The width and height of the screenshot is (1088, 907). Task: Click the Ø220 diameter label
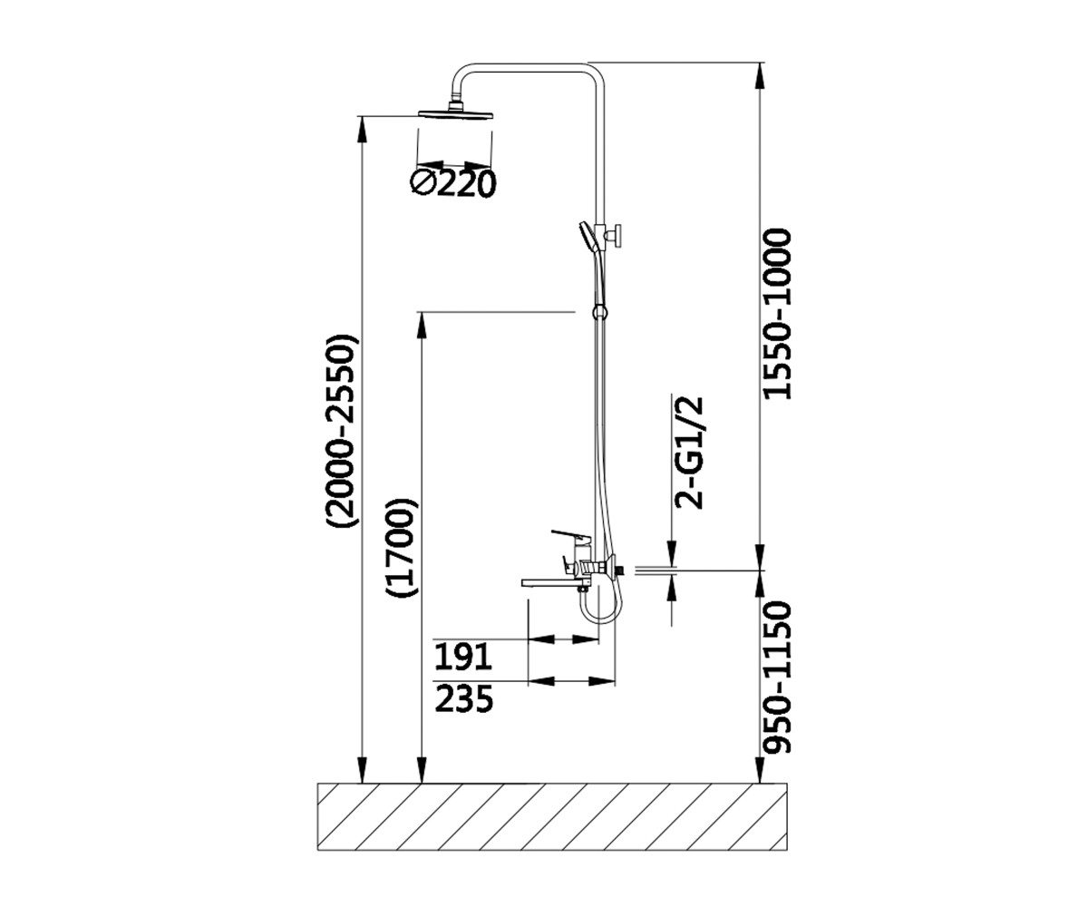coord(452,183)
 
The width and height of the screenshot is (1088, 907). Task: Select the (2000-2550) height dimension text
coord(342,430)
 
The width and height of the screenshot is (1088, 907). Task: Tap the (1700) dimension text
coord(402,547)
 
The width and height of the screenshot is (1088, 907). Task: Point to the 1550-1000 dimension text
coord(776,315)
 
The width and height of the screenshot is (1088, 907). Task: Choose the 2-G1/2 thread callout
coord(689,453)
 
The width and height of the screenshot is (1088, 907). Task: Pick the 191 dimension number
coord(462,657)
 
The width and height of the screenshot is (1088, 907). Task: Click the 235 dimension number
coord(463,698)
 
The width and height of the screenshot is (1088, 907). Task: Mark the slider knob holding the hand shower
coord(616,236)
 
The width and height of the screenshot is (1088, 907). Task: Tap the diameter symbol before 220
coord(423,183)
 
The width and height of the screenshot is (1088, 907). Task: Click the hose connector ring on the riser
coord(599,312)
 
